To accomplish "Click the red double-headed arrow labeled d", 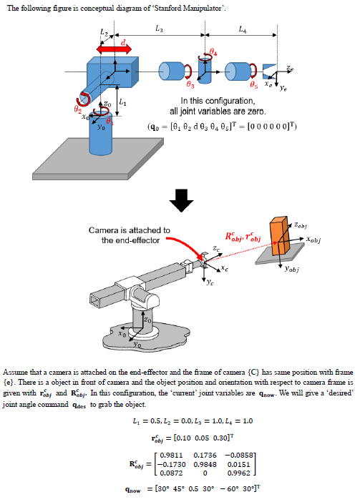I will coord(112,50).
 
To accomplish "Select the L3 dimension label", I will coord(159,29).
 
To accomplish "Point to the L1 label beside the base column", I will coord(123,104).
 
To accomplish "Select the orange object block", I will coord(281,235).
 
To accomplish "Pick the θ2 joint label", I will coord(78,109).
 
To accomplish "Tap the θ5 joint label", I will coord(252,85).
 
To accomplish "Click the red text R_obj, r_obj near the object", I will coord(243,235).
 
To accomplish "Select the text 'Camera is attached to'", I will coord(130,230).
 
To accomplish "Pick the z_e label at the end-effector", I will coord(288,69).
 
